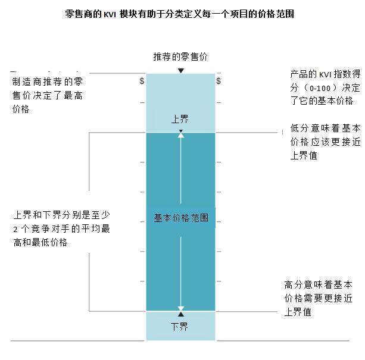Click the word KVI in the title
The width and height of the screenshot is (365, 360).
click(110, 14)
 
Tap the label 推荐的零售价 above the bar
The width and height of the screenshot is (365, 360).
click(180, 57)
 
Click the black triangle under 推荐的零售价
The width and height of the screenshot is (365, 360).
click(181, 70)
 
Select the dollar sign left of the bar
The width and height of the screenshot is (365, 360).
click(142, 81)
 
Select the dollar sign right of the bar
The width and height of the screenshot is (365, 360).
click(219, 81)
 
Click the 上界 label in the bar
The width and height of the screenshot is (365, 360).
click(180, 119)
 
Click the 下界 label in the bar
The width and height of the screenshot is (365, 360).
click(179, 327)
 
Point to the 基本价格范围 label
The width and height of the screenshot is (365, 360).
click(181, 218)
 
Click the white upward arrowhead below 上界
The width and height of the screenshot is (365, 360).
click(181, 135)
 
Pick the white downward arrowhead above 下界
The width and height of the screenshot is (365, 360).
click(181, 309)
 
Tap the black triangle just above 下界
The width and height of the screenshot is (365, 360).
click(181, 314)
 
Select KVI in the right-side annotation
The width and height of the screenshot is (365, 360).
click(325, 75)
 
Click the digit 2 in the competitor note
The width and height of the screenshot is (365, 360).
click(15, 230)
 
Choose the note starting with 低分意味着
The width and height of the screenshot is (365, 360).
click(325, 142)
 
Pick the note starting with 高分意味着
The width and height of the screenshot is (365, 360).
click(318, 298)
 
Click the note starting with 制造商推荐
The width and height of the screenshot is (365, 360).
click(47, 95)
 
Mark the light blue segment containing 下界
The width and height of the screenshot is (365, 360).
click(180, 326)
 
